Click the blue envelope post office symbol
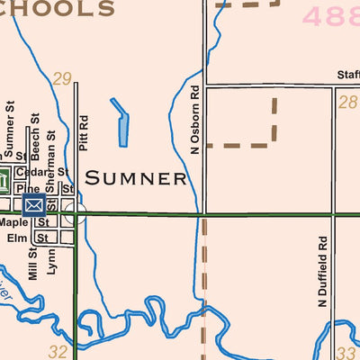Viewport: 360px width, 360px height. coord(34,206)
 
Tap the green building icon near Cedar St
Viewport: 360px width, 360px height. coord(3,180)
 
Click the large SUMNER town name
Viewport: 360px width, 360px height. coord(136,178)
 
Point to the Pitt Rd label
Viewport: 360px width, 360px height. coord(83,131)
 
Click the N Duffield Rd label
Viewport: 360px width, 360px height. coord(321,273)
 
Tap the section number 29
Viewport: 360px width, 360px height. coord(61,79)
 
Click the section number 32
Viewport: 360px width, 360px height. coord(58,351)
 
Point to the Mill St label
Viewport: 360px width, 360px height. coord(33,266)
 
